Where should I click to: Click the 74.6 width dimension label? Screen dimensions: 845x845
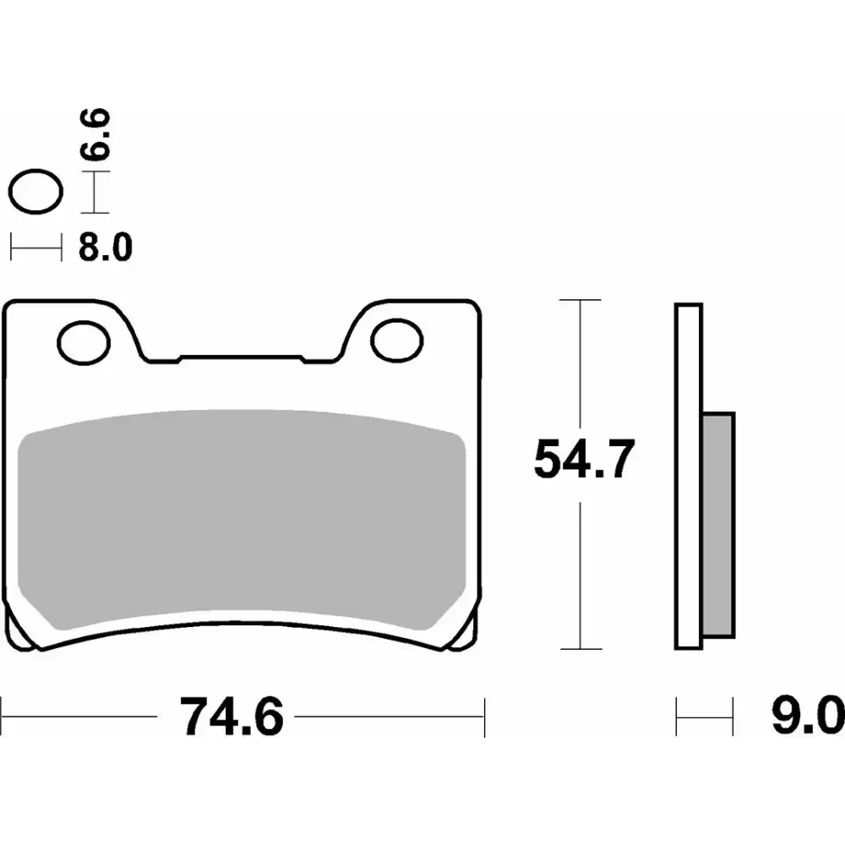[232, 717]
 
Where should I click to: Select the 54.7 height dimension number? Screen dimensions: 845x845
[584, 459]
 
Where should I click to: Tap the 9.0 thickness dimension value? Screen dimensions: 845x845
[807, 717]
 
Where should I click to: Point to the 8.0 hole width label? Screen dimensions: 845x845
[106, 248]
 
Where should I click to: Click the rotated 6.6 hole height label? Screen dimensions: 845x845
[95, 134]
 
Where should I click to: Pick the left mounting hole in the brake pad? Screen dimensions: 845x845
[84, 343]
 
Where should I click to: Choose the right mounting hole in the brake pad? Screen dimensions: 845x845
[397, 341]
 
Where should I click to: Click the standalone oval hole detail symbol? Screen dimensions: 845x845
[35, 191]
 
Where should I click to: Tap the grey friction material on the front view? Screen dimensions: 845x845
[242, 519]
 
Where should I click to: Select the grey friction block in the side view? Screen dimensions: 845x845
[719, 525]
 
